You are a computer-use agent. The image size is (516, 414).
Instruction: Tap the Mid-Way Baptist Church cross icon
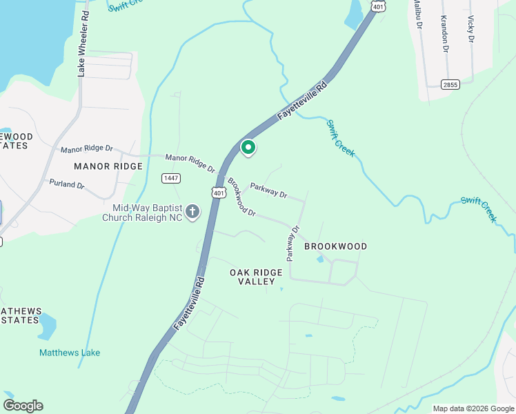click(x=192, y=212)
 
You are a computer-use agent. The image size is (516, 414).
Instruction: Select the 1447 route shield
click(x=171, y=178)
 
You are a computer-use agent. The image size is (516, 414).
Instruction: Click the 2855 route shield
click(x=450, y=84)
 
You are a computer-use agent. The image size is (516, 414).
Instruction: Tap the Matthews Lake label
click(x=70, y=353)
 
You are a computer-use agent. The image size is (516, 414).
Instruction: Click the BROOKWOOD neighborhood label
click(x=335, y=246)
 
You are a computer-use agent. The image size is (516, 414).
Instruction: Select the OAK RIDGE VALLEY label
click(x=257, y=277)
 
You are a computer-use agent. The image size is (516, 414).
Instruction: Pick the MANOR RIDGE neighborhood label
click(x=108, y=166)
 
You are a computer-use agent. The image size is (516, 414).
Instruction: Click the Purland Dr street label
click(x=67, y=185)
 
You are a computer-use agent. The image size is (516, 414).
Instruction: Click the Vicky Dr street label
click(x=471, y=29)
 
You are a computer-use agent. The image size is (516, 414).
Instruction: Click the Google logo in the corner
click(x=23, y=406)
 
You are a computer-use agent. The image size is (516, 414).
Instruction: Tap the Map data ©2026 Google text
click(x=473, y=408)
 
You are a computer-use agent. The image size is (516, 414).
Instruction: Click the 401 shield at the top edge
click(x=377, y=6)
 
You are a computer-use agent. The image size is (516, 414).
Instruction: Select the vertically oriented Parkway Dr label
click(x=293, y=243)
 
